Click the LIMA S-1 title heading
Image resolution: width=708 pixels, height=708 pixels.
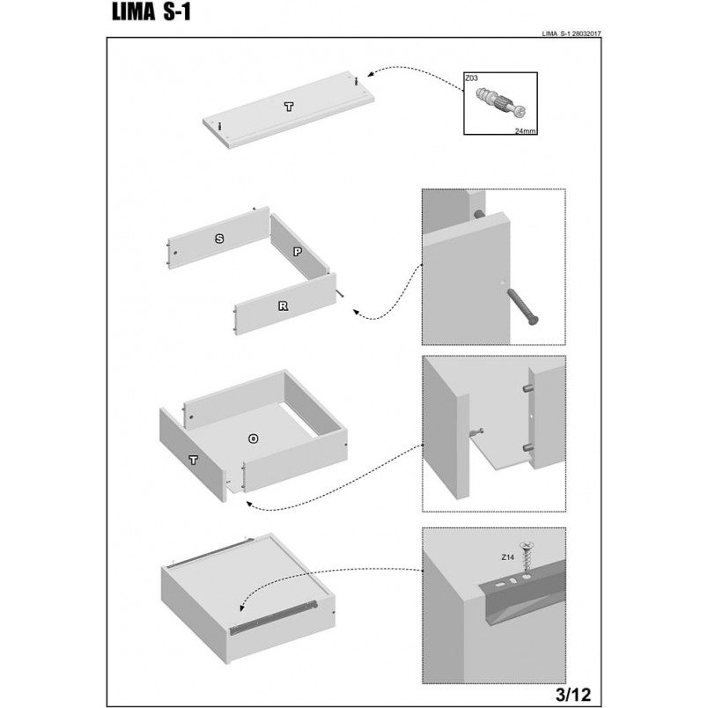pos(151,12)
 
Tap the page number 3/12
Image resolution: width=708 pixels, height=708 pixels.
pos(572,694)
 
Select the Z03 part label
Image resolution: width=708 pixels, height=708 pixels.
pos(471,78)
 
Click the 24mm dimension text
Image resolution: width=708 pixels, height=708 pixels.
pos(525,131)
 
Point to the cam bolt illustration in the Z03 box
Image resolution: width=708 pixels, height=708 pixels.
pos(501,101)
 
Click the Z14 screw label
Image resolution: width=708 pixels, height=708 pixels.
pos(507,557)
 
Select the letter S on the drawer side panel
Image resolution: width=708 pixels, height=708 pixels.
pos(219,239)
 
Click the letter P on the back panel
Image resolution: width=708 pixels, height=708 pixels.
pos(298,252)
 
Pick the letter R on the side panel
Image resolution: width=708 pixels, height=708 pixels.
pos(283,306)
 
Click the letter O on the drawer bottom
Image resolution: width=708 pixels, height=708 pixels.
pos(254,439)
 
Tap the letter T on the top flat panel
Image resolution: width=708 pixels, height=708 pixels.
pos(289,107)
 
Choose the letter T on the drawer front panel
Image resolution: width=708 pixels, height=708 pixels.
pos(193,460)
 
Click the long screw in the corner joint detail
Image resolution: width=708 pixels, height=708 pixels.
pos(523,306)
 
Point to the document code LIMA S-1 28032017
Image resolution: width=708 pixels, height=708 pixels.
pos(572,33)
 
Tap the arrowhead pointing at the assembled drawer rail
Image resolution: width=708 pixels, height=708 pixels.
pos(242,608)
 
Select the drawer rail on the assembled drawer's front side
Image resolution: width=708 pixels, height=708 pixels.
pos(274,616)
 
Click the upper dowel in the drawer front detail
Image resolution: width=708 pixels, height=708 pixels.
pos(527,388)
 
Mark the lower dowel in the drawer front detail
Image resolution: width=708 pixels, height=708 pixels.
pos(527,448)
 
